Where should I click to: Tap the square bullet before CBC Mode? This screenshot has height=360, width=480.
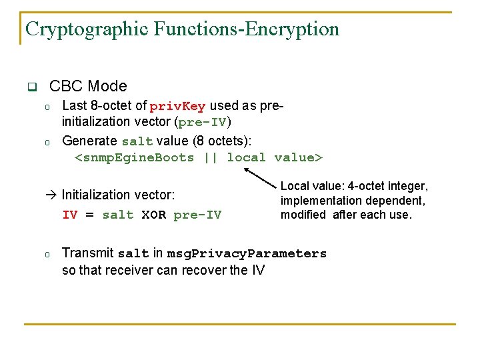tap(31, 87)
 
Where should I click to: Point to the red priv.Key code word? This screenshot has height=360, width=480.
tap(177, 107)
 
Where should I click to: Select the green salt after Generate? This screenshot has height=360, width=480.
tap(137, 141)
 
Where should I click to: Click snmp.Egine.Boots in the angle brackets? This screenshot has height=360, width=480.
tap(137, 158)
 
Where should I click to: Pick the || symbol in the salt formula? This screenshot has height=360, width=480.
tap(210, 158)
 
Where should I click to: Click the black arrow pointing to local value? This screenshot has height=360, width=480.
tap(260, 177)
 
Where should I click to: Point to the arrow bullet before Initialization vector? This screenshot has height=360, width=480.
tap(53, 195)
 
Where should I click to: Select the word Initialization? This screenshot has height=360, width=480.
tap(97, 195)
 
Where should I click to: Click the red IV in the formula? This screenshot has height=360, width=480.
tap(69, 215)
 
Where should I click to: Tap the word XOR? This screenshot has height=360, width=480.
tap(153, 215)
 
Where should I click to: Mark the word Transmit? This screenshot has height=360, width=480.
tap(87, 253)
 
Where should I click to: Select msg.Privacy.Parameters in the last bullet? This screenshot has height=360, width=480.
tap(247, 254)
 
